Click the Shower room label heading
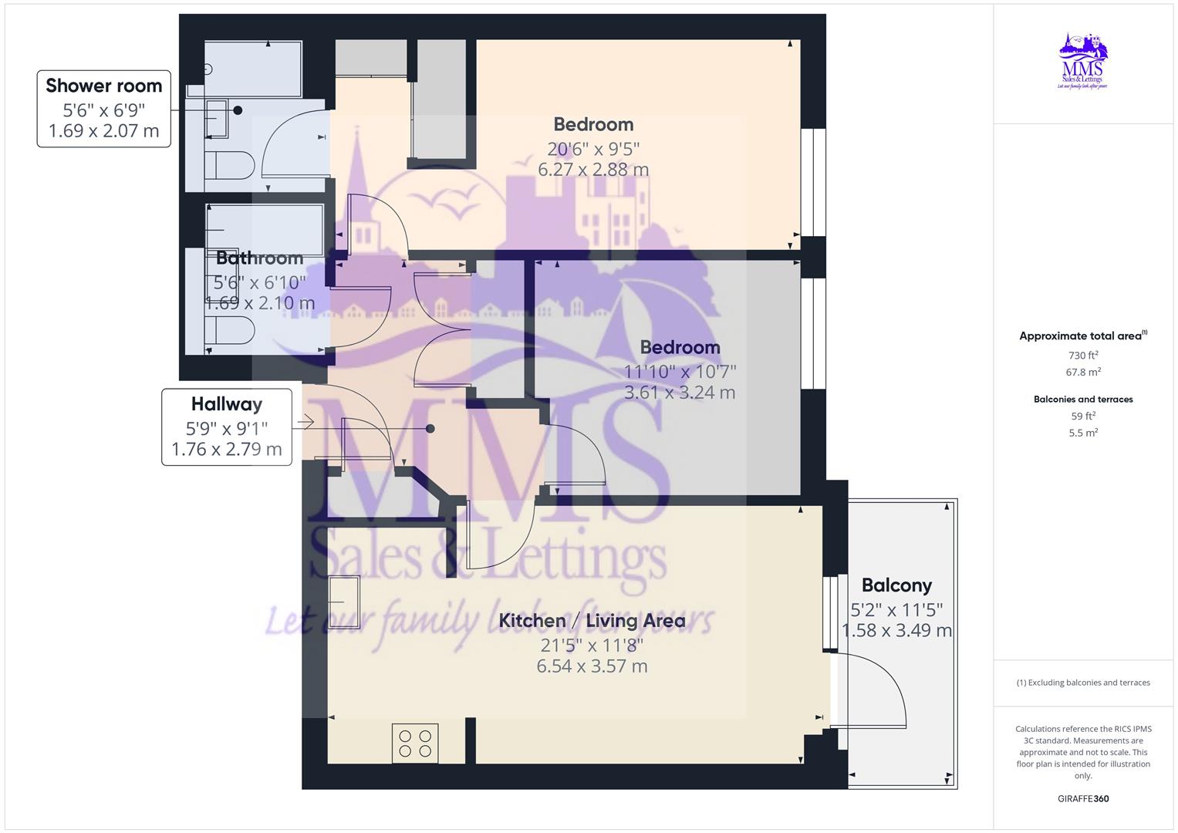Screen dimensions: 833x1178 pos(104,86)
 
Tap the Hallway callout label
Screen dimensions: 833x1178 pos(227,404)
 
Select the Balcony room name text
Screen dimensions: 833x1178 pos(896,585)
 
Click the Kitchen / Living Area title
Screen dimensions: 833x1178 pos(592,621)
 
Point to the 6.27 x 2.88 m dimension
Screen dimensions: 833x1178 pos(593,170)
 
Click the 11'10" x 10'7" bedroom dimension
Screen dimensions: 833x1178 pos(680,371)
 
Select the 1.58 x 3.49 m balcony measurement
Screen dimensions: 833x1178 pos(896,631)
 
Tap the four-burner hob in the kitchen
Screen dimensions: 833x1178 pos(415,743)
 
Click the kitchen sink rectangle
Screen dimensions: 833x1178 pos(343,602)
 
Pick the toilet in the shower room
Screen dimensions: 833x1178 pos(229,165)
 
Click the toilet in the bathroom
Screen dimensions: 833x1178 pos(229,331)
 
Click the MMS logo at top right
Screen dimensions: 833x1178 pos(1082,61)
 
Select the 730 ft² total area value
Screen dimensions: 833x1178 pos(1083,356)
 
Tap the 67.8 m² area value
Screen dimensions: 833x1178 pos(1083,372)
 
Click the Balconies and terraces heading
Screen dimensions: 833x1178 pos(1083,400)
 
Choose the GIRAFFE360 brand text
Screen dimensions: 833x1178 pos(1083,798)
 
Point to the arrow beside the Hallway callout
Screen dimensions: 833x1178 pos(304,422)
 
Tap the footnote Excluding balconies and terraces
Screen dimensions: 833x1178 pos(1083,683)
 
